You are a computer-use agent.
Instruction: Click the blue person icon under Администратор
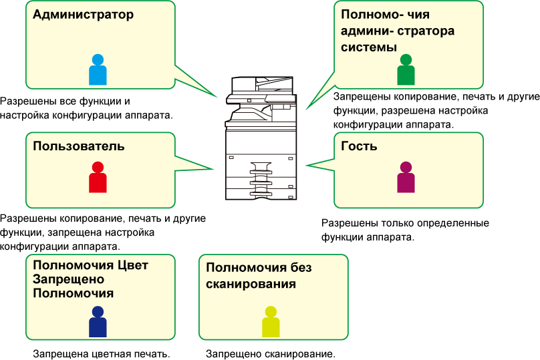pos(98,69)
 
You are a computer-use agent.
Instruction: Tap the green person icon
pos(406,69)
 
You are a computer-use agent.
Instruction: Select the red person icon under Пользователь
pos(98,177)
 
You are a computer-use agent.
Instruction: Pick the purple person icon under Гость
pos(406,177)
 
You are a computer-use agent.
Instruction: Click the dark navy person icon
pos(98,321)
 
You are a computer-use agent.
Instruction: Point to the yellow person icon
pos(271,321)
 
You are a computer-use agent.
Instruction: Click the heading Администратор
pos(84,15)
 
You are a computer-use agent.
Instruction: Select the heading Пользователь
pos(78,146)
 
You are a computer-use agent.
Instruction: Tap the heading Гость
pos(359,146)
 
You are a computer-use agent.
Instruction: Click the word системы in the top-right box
pos(369,47)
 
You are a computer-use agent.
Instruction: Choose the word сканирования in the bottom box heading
pos(251,285)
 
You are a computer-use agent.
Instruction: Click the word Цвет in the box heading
pos(132,265)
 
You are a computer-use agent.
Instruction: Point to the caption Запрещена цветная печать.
pos(102,354)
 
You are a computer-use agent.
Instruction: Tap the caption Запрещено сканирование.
pos(271,354)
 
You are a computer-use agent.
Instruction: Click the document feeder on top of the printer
pos(263,83)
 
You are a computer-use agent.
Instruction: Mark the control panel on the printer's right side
pos(280,98)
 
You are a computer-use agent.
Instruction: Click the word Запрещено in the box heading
pos(68,280)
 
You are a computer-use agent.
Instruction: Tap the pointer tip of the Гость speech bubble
pos(306,166)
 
